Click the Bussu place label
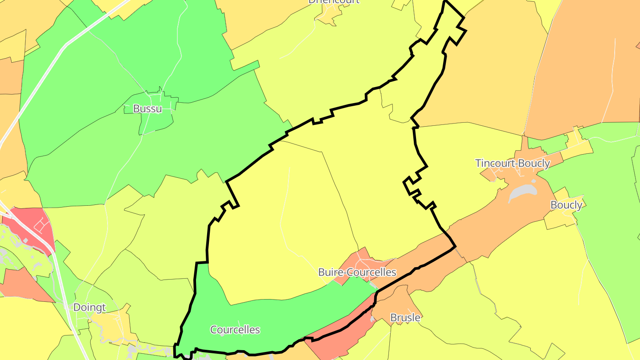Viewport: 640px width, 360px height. (x=147, y=108)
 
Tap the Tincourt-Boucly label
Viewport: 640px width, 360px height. (x=512, y=163)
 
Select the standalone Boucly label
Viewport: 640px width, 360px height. (x=566, y=205)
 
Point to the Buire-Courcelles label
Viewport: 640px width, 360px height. (x=357, y=272)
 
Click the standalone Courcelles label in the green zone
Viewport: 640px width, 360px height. (x=235, y=329)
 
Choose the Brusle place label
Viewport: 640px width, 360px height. (x=405, y=317)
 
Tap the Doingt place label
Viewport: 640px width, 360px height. (x=89, y=307)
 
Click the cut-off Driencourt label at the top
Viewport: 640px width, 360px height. (x=334, y=2)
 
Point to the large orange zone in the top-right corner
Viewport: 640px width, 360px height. (x=587, y=67)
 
